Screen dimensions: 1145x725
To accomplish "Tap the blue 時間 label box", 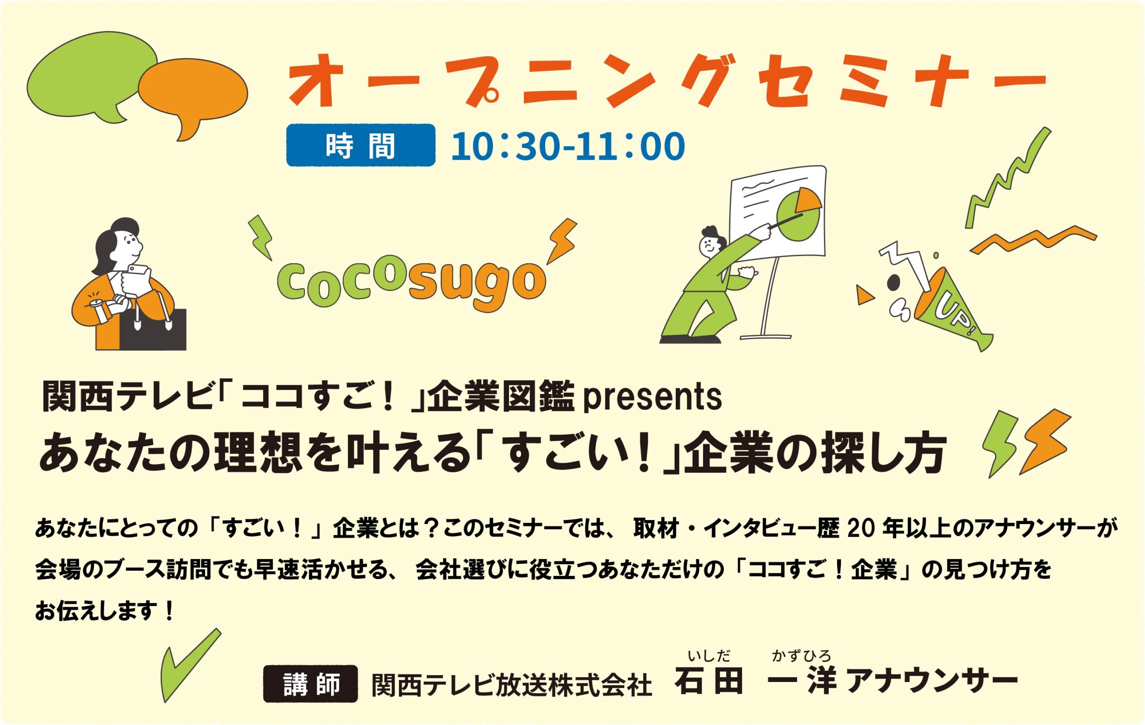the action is (361, 145).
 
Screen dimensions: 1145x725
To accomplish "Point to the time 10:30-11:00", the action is (568, 146).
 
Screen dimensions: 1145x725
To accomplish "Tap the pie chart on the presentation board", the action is (799, 214).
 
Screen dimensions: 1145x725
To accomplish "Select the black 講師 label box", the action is (310, 684).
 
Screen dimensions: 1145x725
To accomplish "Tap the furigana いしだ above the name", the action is (709, 657).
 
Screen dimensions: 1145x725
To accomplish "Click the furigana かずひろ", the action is (801, 657).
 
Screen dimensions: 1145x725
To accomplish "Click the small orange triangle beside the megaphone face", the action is (864, 295).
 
